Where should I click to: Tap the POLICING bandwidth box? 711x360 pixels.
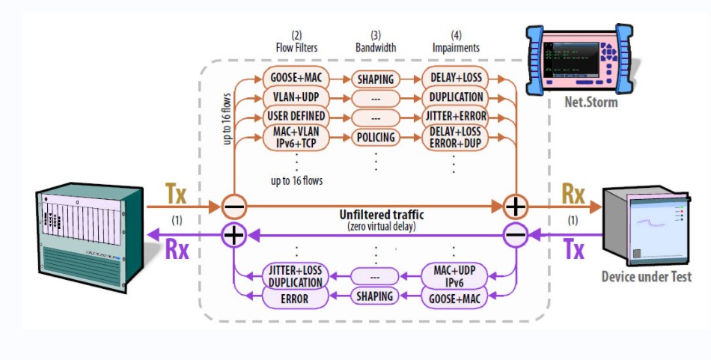click(x=375, y=138)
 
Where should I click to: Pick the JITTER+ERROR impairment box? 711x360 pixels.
click(x=456, y=116)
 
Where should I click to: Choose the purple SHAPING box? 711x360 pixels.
click(x=375, y=296)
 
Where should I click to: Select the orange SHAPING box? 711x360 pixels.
click(x=375, y=78)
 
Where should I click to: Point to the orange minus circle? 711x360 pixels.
click(x=234, y=205)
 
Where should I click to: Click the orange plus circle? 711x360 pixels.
click(x=516, y=205)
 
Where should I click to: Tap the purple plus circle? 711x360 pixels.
click(x=234, y=235)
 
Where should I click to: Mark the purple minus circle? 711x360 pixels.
click(x=516, y=235)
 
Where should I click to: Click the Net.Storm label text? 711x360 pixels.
click(x=591, y=102)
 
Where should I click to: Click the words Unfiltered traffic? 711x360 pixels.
click(x=376, y=216)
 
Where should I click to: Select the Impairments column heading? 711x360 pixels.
click(x=456, y=48)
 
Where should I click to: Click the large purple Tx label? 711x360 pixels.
click(x=573, y=249)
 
